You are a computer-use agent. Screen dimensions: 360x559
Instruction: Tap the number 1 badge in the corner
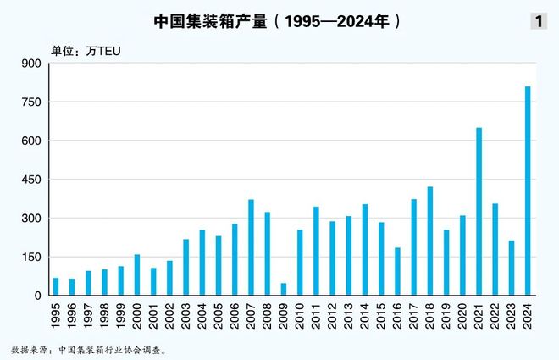pos(538,22)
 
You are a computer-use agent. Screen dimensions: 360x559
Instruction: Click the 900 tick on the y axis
pos(30,64)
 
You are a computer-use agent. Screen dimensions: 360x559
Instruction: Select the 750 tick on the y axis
pos(30,102)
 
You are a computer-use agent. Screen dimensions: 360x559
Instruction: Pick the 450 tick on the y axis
pos(30,180)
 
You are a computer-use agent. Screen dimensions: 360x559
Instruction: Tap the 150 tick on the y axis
pos(30,258)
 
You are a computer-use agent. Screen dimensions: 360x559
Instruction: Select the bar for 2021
pos(479,212)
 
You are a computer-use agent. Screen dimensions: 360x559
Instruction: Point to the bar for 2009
pos(283,290)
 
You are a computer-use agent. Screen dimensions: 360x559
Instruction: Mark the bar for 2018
pos(429,241)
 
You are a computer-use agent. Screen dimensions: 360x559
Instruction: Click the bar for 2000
pos(136,274)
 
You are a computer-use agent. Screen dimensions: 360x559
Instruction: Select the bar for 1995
pos(56,287)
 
